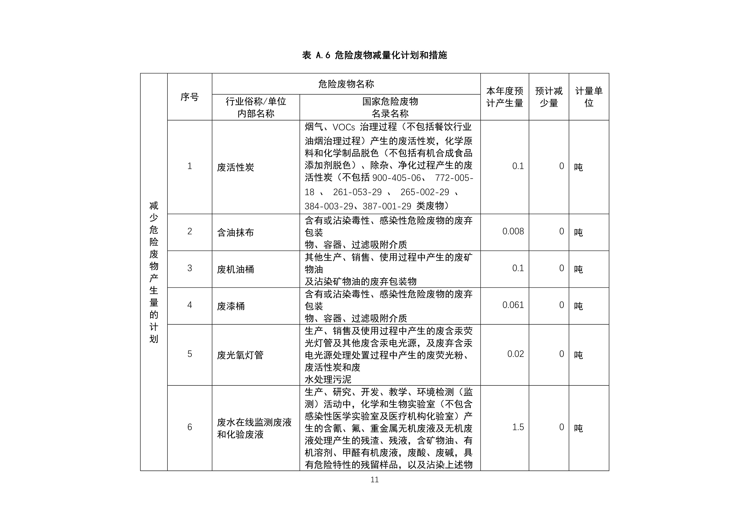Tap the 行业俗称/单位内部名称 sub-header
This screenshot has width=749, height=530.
(x=256, y=107)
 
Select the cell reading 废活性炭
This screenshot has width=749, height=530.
(x=236, y=167)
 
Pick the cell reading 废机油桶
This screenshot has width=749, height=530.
(x=236, y=269)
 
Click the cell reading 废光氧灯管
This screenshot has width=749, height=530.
(x=240, y=355)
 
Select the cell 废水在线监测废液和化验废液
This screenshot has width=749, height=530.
(x=254, y=428)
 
